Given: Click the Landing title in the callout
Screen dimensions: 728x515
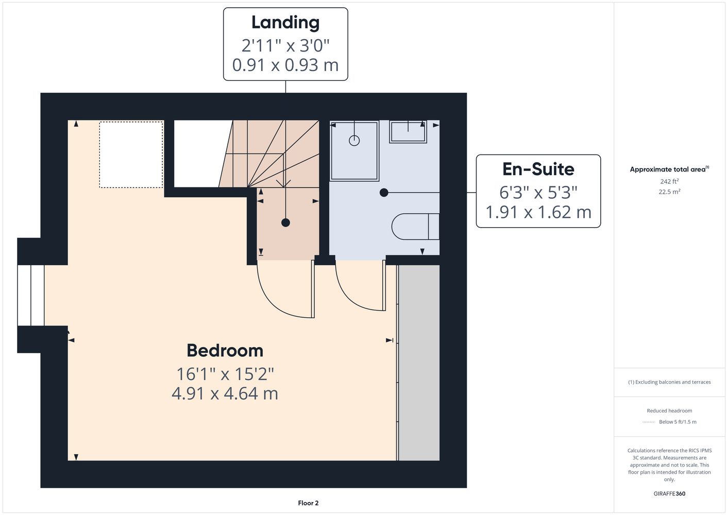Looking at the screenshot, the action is click(x=285, y=23).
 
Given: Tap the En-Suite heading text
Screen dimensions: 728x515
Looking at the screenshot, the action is click(x=538, y=169).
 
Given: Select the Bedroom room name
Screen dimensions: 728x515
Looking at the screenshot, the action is click(x=225, y=351).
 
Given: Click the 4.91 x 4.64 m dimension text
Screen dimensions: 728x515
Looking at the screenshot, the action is click(x=225, y=393).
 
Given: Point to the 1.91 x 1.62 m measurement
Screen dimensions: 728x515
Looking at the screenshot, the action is click(x=538, y=212).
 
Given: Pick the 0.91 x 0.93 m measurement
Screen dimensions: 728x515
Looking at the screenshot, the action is click(x=285, y=65).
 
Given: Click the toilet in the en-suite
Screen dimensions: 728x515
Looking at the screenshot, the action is click(x=415, y=227).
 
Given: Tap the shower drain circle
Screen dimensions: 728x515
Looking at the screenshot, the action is click(x=354, y=141).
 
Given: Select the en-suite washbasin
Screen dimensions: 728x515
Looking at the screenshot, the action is click(x=408, y=132).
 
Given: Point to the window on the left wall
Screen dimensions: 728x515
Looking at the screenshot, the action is click(x=30, y=296).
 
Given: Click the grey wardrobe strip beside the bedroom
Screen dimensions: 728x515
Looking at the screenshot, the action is click(x=419, y=363).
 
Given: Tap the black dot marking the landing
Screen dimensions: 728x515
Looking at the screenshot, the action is click(x=285, y=223).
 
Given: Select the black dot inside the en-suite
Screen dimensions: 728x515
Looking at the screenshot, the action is click(x=384, y=193).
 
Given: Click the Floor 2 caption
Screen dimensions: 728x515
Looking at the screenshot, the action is click(x=308, y=503).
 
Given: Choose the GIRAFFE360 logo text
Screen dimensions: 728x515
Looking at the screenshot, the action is click(x=669, y=493).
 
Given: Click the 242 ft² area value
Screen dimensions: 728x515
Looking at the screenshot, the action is click(x=669, y=181).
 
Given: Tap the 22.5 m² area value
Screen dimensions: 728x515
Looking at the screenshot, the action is click(x=669, y=192).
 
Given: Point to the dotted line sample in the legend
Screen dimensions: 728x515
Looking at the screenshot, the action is click(x=649, y=422).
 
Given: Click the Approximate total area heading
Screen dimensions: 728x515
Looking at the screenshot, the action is click(x=669, y=169).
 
